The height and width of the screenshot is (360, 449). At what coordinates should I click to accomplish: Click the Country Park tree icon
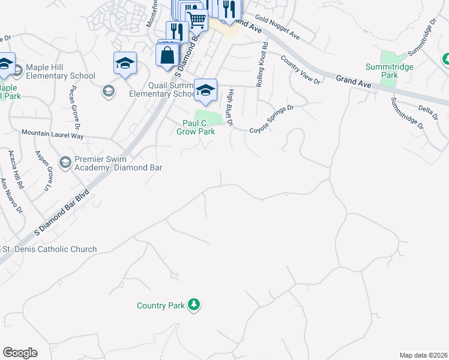[193, 305]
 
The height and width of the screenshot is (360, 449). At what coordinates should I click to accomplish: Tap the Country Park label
[160, 306]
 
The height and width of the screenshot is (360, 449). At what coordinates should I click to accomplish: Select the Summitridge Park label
[390, 71]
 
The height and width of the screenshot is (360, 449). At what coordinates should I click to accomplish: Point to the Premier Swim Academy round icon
[65, 162]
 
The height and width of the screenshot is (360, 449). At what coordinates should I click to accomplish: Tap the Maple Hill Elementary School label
[60, 76]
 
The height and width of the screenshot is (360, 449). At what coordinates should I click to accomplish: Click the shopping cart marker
[197, 19]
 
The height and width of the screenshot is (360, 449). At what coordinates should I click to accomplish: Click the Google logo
[20, 353]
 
